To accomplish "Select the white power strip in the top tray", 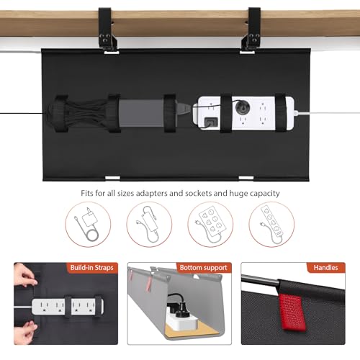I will point(245,111).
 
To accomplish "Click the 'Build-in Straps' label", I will point(90,269).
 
